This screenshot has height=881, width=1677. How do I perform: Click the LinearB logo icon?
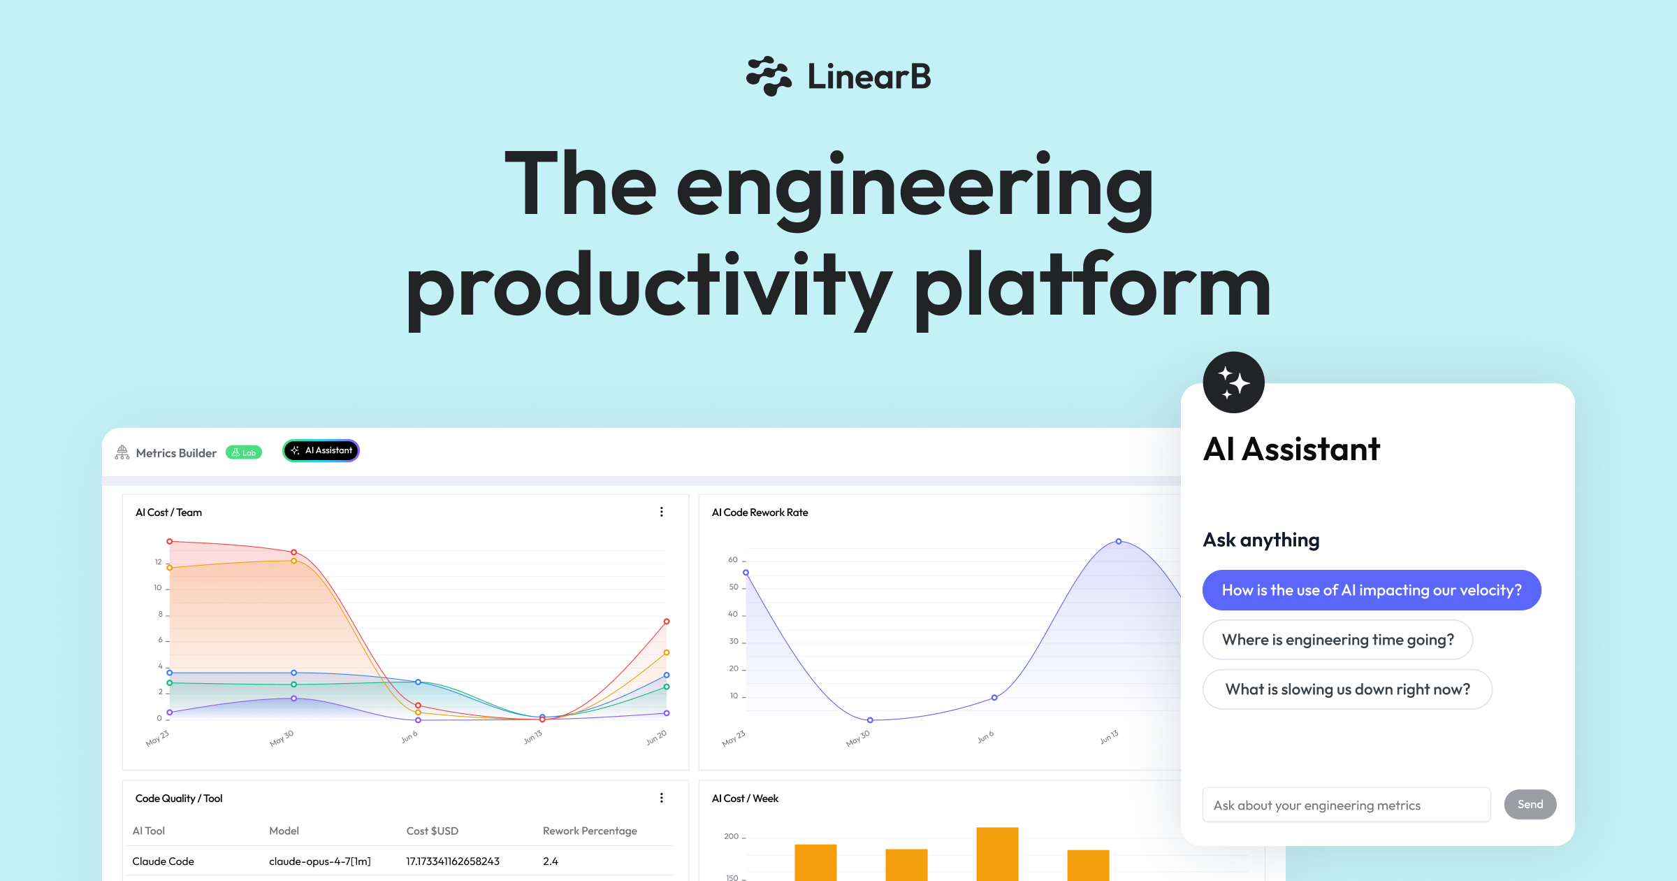click(x=769, y=76)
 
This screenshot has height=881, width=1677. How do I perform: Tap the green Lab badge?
click(x=244, y=452)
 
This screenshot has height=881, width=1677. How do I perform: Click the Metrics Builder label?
click(x=176, y=453)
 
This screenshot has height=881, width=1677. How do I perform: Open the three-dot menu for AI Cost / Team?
click(x=662, y=512)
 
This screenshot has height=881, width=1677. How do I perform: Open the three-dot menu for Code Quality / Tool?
click(x=662, y=798)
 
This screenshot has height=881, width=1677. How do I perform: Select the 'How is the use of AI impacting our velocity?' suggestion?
click(x=1372, y=590)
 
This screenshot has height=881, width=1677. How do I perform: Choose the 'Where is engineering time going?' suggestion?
click(x=1337, y=640)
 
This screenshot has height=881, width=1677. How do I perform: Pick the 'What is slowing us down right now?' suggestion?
click(x=1347, y=689)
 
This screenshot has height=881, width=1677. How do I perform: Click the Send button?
click(x=1530, y=805)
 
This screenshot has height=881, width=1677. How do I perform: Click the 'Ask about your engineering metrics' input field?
click(x=1346, y=805)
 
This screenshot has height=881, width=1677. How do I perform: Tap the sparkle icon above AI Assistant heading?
click(x=1234, y=382)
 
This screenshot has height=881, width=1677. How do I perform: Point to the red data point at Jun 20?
click(x=667, y=622)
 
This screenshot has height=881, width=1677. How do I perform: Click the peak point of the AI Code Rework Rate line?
click(x=1119, y=541)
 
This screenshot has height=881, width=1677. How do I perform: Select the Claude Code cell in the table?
click(x=164, y=861)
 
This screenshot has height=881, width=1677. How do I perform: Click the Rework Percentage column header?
click(x=590, y=831)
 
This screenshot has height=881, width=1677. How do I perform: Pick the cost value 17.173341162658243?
click(x=453, y=861)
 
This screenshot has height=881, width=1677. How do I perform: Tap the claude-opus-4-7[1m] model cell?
click(x=320, y=861)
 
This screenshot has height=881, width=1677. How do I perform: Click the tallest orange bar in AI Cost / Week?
click(x=997, y=854)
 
